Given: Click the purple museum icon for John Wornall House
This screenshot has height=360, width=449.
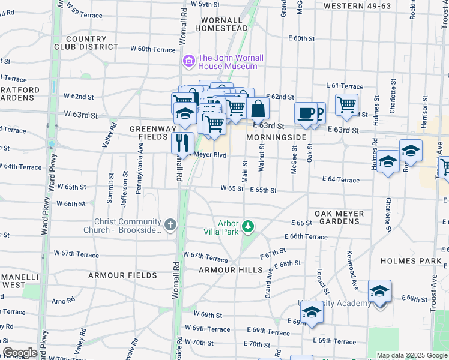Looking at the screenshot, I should point(188,62).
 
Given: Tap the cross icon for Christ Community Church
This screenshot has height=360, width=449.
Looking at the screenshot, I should point(171,226).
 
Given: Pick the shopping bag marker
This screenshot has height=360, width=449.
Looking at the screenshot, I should point(258,109).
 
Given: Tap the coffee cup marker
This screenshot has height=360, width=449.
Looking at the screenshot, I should point(306,112).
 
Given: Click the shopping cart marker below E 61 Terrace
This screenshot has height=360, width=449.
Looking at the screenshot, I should point(346,104).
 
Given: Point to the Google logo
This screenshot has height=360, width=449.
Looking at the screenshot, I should point(20,353).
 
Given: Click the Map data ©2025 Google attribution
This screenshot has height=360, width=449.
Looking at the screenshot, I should point(411,355).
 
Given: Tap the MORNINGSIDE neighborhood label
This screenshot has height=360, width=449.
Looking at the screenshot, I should point(276,137).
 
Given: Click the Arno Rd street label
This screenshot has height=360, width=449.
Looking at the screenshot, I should point(62,301).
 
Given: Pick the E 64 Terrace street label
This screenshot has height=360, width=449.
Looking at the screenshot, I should point(340,179).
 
